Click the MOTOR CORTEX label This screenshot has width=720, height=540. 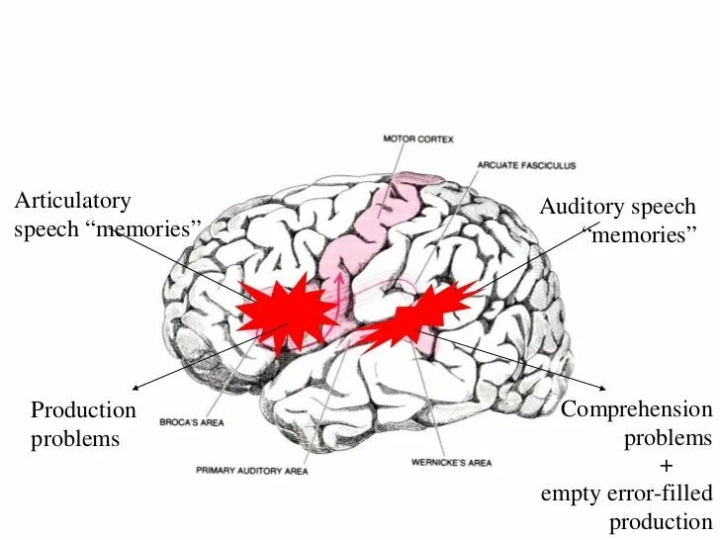pos(418,140)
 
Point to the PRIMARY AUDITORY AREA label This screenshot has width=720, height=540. pos(251,470)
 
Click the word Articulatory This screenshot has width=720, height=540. pos(72,201)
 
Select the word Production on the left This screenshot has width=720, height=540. pos(83,409)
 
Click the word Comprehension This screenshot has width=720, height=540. pos(636,409)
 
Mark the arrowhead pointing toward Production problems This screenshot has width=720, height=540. pos(135,387)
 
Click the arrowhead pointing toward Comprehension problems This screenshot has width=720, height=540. pos(604,387)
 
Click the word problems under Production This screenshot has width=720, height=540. pos(74,438)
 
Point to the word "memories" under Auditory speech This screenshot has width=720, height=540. pos(640,235)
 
